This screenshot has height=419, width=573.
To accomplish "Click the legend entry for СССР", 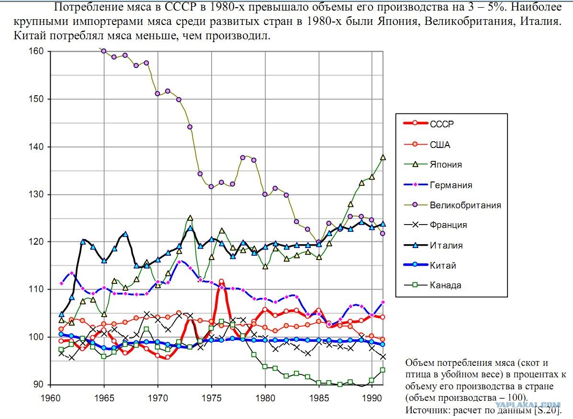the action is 442,124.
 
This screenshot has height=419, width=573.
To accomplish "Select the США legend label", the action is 440,145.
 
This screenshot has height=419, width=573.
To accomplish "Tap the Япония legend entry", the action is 446,165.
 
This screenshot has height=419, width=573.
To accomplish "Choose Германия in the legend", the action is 451,185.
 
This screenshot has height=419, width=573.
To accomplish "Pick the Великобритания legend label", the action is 465,205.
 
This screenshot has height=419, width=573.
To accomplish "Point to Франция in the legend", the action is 449,225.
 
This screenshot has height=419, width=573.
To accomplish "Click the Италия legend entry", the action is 446,245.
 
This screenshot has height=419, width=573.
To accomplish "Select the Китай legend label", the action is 443,265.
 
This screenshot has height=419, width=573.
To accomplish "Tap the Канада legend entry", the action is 446,285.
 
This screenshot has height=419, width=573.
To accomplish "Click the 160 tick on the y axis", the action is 36,51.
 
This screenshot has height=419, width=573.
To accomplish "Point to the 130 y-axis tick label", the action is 36,194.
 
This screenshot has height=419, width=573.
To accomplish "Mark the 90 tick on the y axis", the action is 38,384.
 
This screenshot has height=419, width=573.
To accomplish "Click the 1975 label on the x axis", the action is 212,397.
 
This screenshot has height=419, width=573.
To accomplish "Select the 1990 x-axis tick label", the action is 372,397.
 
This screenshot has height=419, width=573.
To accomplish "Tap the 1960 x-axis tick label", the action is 51,397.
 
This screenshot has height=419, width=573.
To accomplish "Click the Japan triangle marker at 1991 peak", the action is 383,157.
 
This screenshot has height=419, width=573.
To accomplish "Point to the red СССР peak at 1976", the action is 222,282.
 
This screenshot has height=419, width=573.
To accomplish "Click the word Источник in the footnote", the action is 427,410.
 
